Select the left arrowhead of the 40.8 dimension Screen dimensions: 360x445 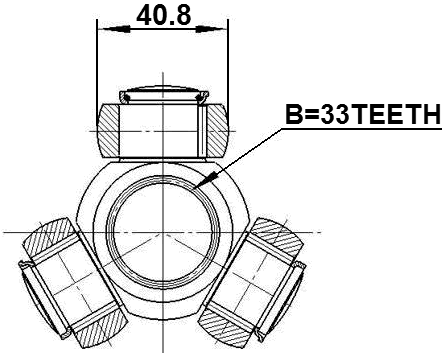[x=101, y=30]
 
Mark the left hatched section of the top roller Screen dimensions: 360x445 [x=109, y=129]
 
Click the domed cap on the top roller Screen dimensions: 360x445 [x=162, y=94]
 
